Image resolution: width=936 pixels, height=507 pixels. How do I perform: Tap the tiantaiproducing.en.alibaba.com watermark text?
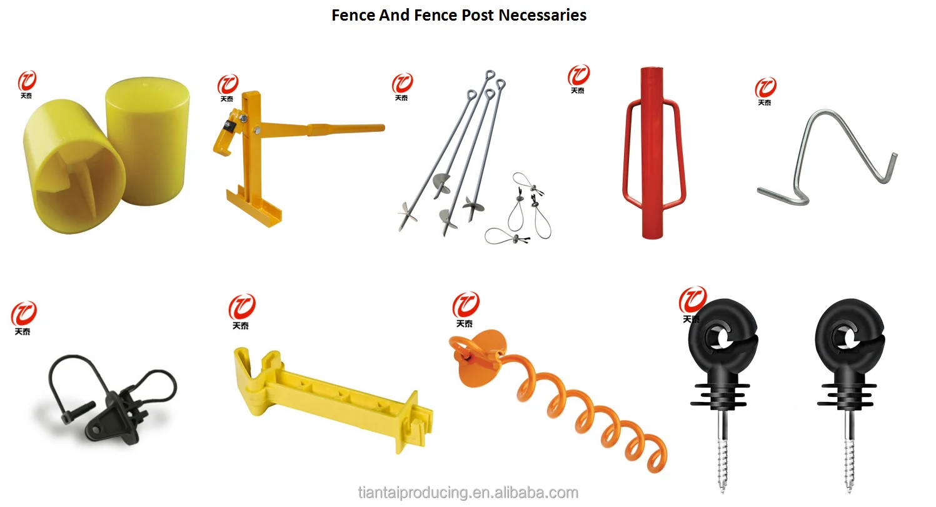click(x=468, y=492)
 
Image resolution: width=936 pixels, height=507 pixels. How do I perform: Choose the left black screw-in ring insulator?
click(x=722, y=375)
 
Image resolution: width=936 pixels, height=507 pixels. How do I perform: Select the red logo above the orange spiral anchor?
click(x=466, y=306)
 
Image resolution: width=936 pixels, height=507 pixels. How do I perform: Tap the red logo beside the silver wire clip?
click(x=765, y=88)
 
